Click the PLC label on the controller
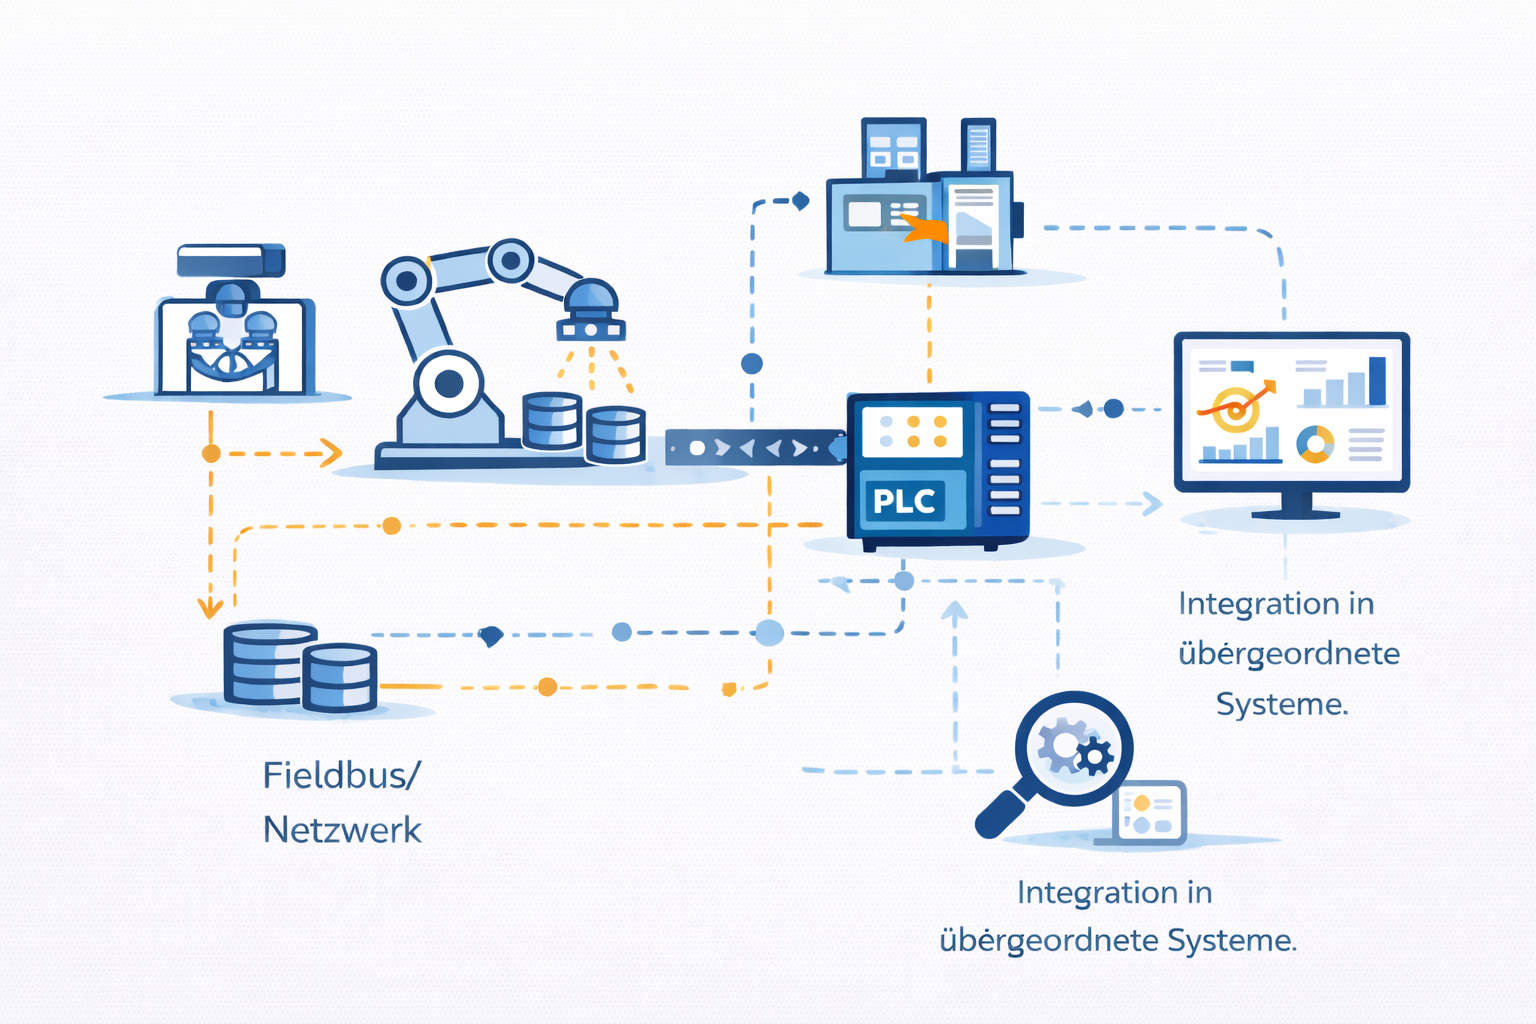tap(904, 501)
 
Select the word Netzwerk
tap(342, 830)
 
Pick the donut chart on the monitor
tap(1315, 443)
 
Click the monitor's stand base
tap(1295, 513)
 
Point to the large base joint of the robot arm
tap(449, 383)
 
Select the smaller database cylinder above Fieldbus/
tap(340, 678)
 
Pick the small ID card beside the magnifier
tap(1150, 813)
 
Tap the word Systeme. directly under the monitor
tap(1282, 704)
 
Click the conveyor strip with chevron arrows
tap(755, 448)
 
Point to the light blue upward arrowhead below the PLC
tap(955, 611)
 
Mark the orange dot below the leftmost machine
tap(211, 453)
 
